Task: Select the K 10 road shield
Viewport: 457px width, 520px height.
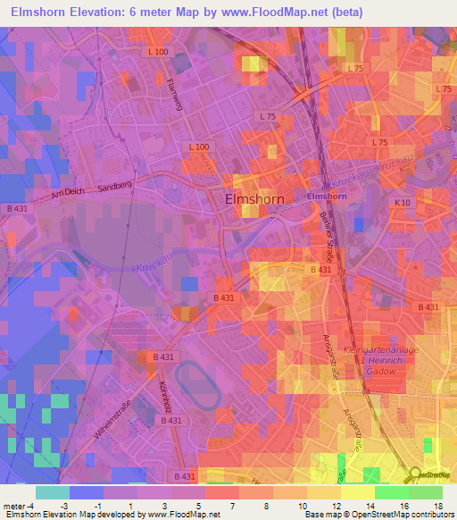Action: tap(403, 203)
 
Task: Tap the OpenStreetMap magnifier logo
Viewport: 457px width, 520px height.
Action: tap(416, 474)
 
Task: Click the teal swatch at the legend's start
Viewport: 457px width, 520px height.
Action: tap(53, 492)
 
